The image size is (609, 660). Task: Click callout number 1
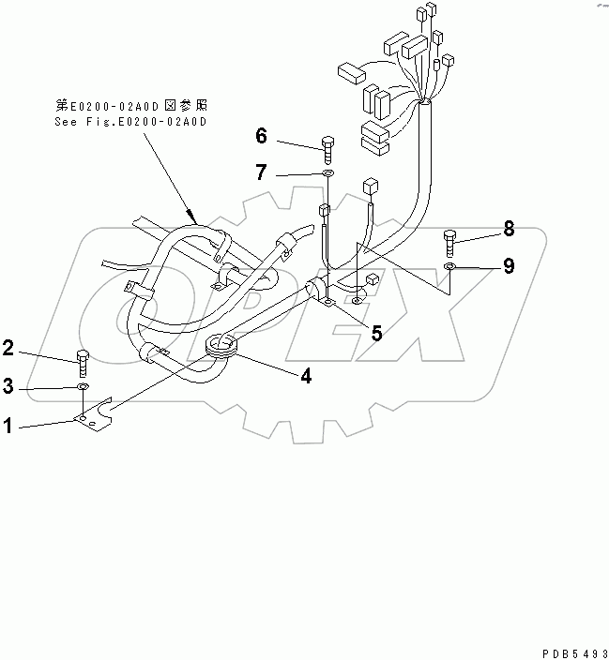[8, 426]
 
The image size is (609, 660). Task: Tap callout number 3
[8, 386]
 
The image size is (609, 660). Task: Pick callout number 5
[374, 331]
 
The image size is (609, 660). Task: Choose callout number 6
[262, 137]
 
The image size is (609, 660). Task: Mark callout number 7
[262, 172]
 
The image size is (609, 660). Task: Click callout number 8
[508, 228]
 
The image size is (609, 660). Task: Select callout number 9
[508, 267]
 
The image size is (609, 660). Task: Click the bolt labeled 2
[83, 360]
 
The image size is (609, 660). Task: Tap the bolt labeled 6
[327, 147]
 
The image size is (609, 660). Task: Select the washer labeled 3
[83, 386]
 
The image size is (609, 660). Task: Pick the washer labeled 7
[327, 174]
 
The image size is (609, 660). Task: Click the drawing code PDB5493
[567, 651]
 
